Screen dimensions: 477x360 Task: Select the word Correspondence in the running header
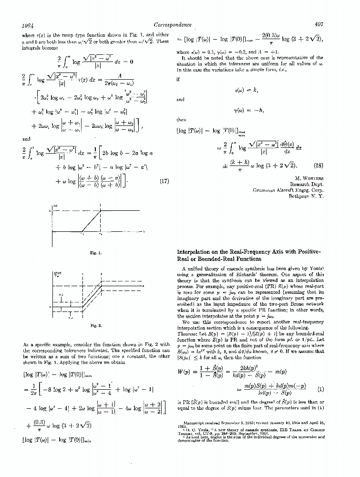pyautogui.click(x=174, y=24)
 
